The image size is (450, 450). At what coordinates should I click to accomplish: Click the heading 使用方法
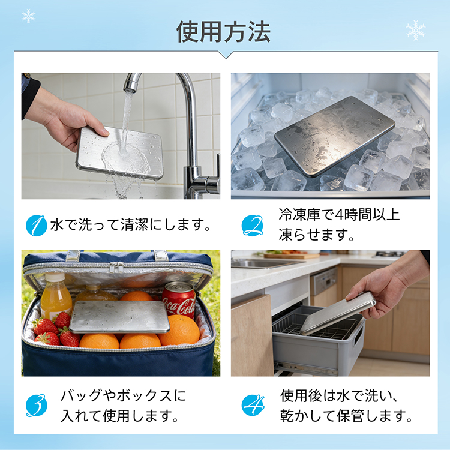(223, 32)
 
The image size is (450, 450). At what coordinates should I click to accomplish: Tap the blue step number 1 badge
(37, 226)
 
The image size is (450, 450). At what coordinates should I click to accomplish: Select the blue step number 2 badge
(252, 226)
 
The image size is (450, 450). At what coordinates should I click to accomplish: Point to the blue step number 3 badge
(37, 405)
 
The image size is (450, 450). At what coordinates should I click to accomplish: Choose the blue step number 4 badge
(253, 405)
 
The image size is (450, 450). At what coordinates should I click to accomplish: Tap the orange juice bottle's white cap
(55, 277)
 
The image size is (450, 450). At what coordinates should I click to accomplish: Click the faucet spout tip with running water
(131, 86)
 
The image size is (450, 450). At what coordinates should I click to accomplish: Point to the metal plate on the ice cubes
(335, 136)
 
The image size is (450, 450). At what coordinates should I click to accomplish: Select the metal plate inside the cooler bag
(120, 317)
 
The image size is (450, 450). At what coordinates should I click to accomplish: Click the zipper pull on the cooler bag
(117, 268)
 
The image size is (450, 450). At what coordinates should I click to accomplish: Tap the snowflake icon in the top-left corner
(28, 16)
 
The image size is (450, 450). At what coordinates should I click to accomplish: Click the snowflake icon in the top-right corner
(416, 30)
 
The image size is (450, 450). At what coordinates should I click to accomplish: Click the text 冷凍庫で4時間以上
(339, 215)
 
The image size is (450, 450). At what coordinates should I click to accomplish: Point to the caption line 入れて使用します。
(119, 416)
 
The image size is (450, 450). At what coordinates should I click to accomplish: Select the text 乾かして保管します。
(346, 416)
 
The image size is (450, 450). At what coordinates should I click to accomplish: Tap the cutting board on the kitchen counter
(292, 256)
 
